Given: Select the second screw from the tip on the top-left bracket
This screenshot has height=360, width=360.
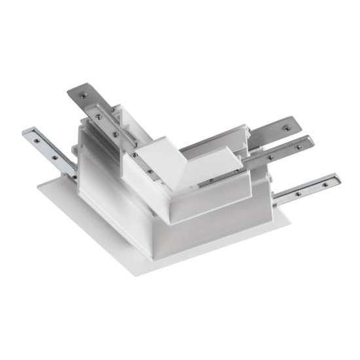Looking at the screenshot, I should click(x=98, y=117).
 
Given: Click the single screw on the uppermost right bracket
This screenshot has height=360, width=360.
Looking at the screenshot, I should click(x=285, y=122).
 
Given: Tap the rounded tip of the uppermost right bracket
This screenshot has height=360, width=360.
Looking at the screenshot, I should click(x=293, y=122).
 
